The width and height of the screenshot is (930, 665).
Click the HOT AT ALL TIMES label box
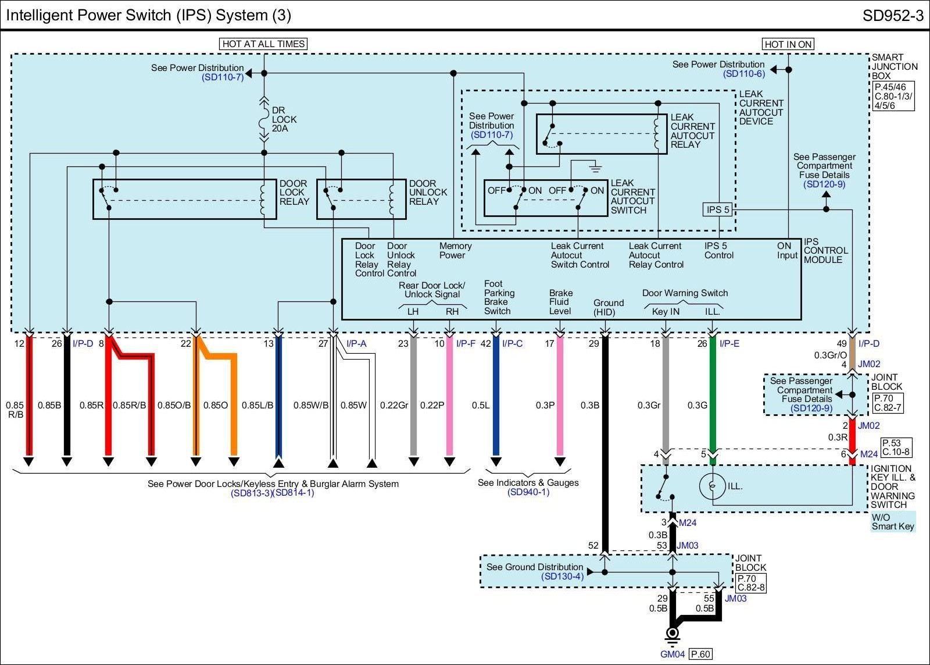tap(263, 44)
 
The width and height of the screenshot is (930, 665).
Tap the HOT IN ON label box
tap(788, 44)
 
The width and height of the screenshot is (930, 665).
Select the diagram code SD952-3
tap(893, 15)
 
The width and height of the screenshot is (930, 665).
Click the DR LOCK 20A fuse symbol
tap(264, 119)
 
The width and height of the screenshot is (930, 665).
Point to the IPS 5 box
tap(718, 209)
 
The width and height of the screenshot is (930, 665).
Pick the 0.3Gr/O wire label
tap(831, 355)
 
